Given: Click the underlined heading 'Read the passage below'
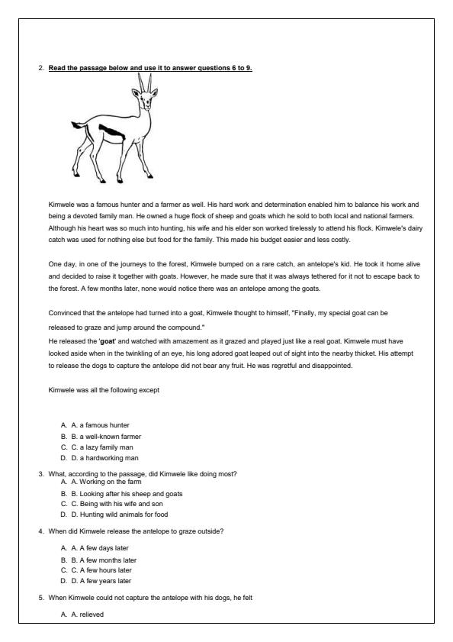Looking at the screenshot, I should click(150, 68).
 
